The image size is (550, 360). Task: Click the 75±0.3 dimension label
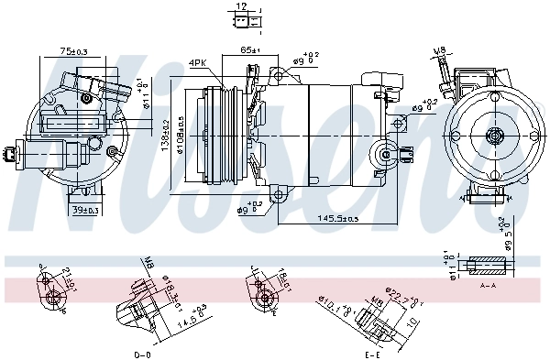click(x=73, y=51)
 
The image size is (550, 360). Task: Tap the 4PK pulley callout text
click(x=198, y=62)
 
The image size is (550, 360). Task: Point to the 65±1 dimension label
click(x=250, y=49)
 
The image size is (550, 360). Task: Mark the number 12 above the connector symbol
click(x=240, y=6)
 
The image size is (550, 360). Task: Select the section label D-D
click(x=142, y=353)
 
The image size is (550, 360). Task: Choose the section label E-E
click(x=371, y=353)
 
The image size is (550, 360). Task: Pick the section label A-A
click(x=489, y=285)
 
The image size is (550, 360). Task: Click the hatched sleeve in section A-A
click(x=486, y=267)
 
